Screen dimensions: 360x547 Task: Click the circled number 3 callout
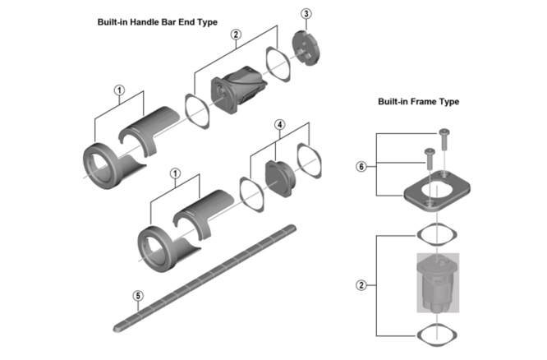click(x=306, y=14)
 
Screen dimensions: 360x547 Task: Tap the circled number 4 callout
click(x=279, y=125)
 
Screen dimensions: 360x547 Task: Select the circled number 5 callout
click(x=137, y=295)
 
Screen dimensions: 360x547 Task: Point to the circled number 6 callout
click(x=361, y=166)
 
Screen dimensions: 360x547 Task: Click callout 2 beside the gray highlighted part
click(x=361, y=285)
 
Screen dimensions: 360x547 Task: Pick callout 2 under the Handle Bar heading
click(x=236, y=35)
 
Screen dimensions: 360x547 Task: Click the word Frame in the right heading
click(x=421, y=102)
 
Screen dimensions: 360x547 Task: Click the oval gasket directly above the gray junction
click(x=434, y=232)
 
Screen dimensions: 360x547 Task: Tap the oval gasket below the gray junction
click(x=434, y=334)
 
